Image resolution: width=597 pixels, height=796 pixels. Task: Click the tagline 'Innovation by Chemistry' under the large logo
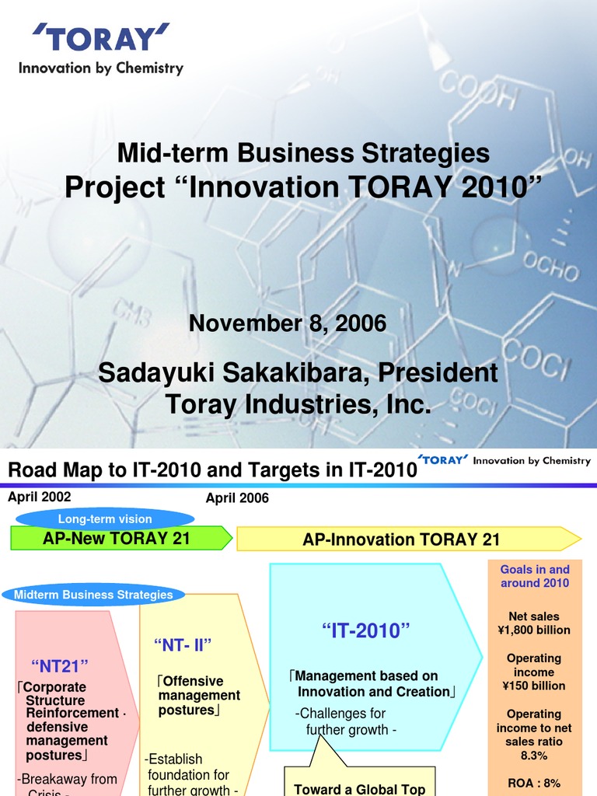(101, 68)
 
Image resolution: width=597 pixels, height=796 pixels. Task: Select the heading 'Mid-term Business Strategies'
(303, 153)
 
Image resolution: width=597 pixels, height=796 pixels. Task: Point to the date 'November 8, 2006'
(288, 323)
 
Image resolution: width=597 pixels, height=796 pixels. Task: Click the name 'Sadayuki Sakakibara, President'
(298, 373)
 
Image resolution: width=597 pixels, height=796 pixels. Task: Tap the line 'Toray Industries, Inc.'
(298, 404)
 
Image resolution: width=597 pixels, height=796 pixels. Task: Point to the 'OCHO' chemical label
(550, 268)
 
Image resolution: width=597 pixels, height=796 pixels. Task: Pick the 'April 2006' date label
(237, 498)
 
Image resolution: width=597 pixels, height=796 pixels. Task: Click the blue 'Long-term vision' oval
(105, 518)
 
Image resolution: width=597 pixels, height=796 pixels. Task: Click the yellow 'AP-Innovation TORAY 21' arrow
(401, 539)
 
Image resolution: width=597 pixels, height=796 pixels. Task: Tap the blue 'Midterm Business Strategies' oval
(93, 595)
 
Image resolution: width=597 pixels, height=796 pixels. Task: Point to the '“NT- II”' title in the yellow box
(183, 644)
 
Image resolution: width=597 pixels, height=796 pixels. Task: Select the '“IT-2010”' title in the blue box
(365, 632)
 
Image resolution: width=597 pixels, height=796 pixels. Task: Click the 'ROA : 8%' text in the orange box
(533, 783)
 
